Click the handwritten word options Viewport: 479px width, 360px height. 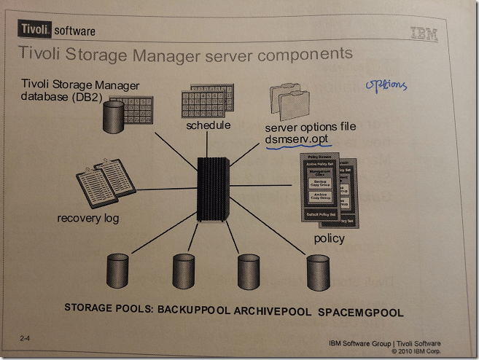[386, 85]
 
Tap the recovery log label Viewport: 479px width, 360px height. [90, 218]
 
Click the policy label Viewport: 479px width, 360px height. [330, 238]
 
